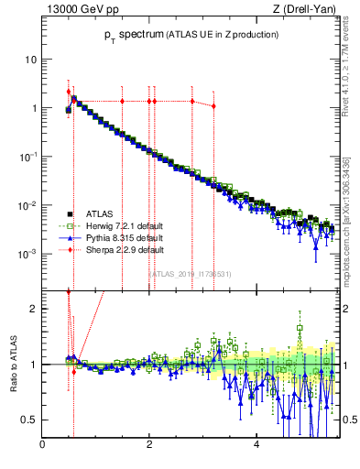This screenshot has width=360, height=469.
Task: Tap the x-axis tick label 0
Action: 43,445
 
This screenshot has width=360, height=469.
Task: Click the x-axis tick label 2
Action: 149,445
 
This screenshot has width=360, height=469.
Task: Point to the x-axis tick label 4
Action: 256,445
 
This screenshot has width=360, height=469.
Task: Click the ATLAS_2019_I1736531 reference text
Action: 191,273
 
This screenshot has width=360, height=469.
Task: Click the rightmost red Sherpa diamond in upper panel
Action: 213,106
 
